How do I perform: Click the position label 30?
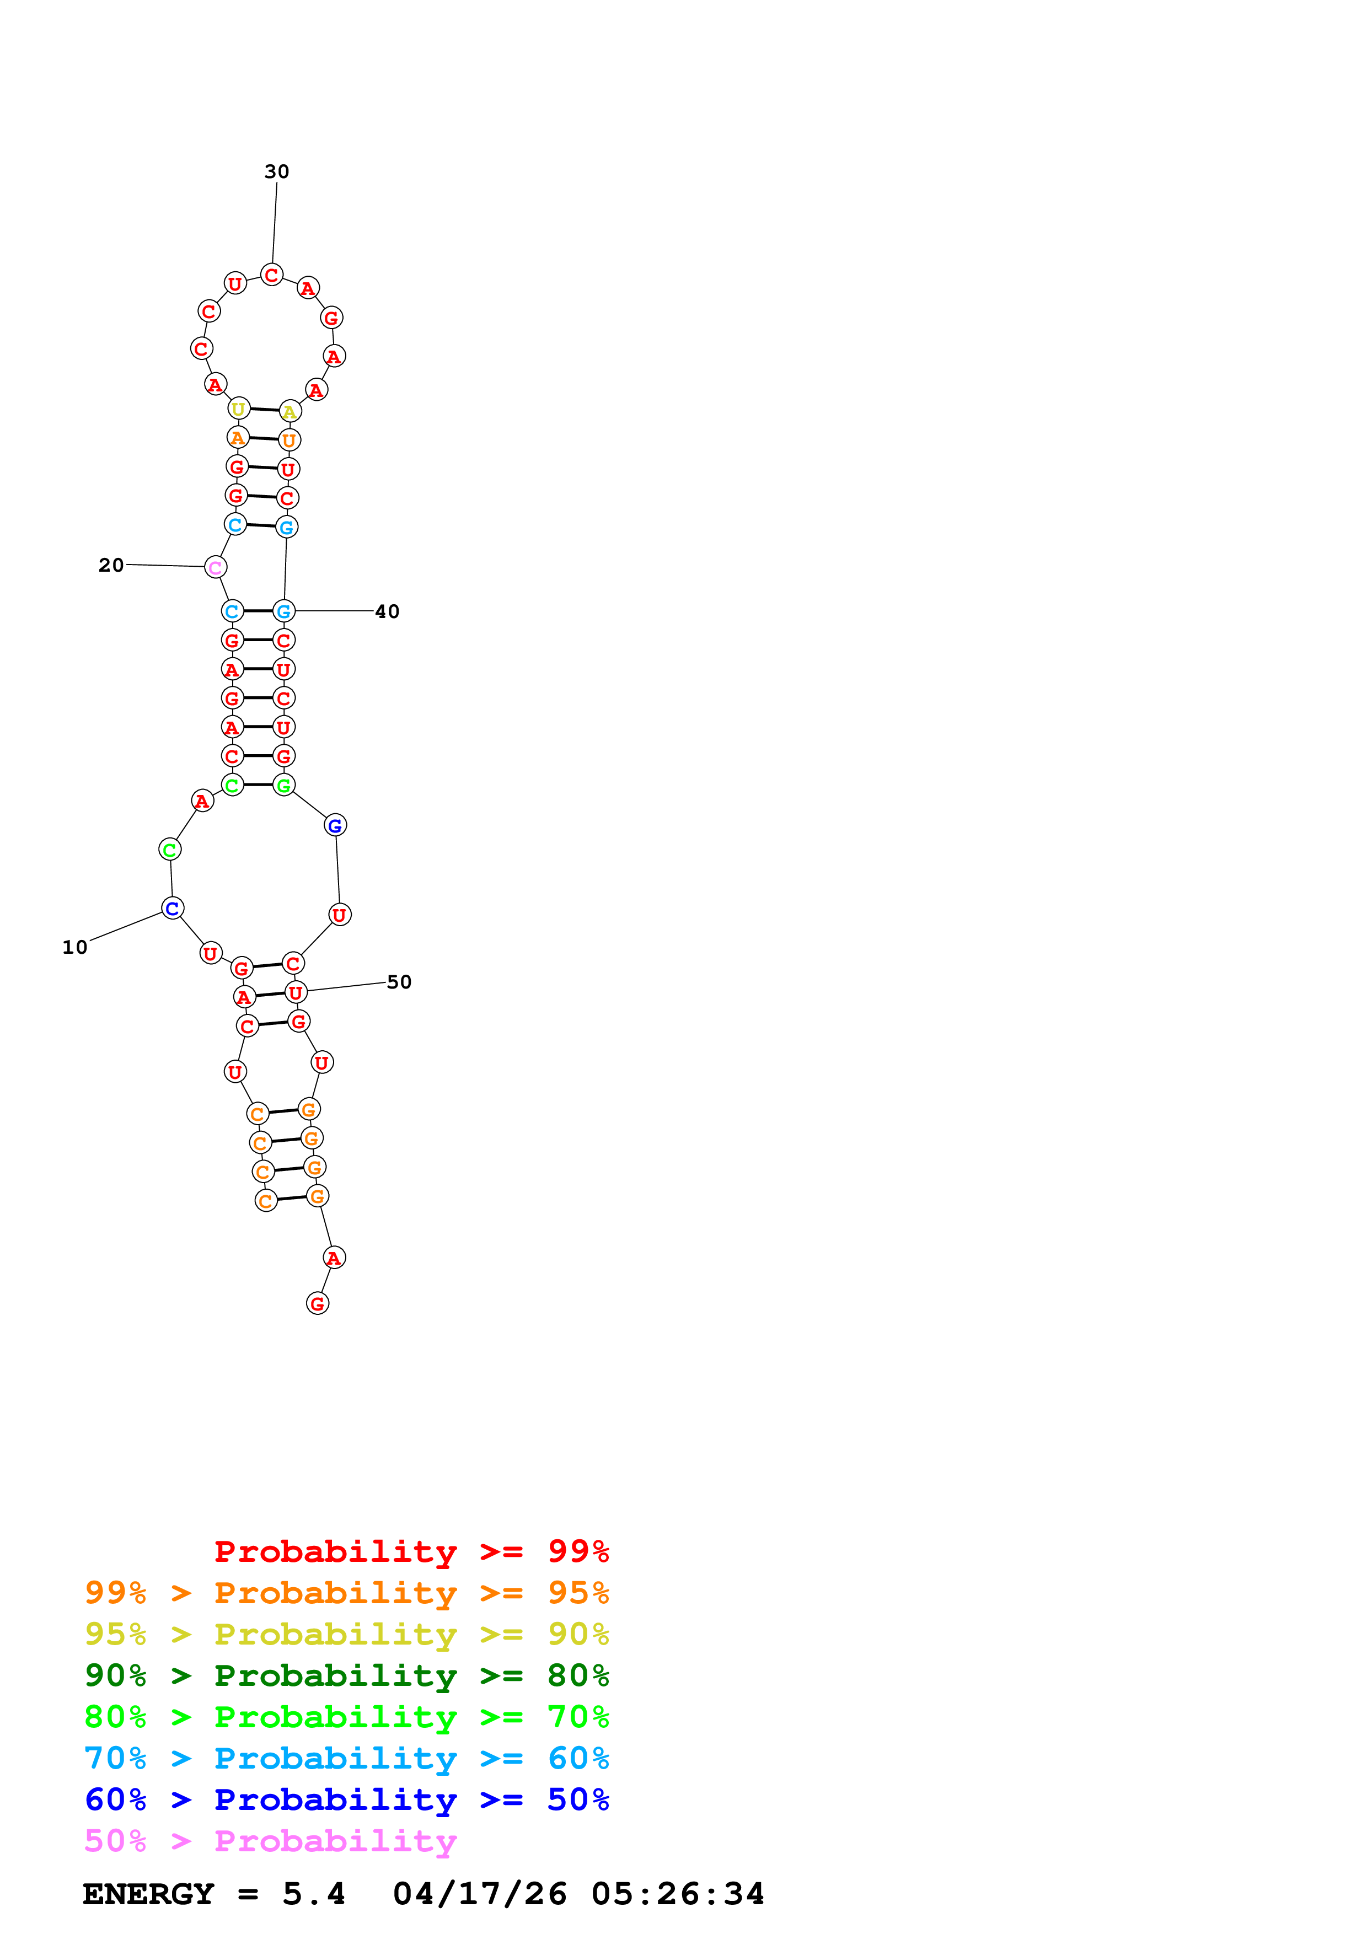pyautogui.click(x=276, y=172)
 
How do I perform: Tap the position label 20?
pyautogui.click(x=111, y=565)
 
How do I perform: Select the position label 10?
pyautogui.click(x=75, y=948)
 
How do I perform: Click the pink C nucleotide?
pyautogui.click(x=216, y=568)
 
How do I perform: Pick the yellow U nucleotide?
pyautogui.click(x=239, y=410)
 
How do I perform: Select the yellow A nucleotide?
pyautogui.click(x=290, y=412)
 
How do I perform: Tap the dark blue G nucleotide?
pyautogui.click(x=335, y=825)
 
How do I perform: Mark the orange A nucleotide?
pyautogui.click(x=238, y=438)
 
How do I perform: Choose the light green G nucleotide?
pyautogui.click(x=284, y=786)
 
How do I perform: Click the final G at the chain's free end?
pyautogui.click(x=318, y=1304)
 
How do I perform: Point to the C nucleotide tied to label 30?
pyautogui.click(x=271, y=276)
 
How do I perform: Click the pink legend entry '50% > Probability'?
pyautogui.click(x=270, y=1841)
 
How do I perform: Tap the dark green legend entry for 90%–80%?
pyautogui.click(x=346, y=1676)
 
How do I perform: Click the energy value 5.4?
pyautogui.click(x=313, y=1894)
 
